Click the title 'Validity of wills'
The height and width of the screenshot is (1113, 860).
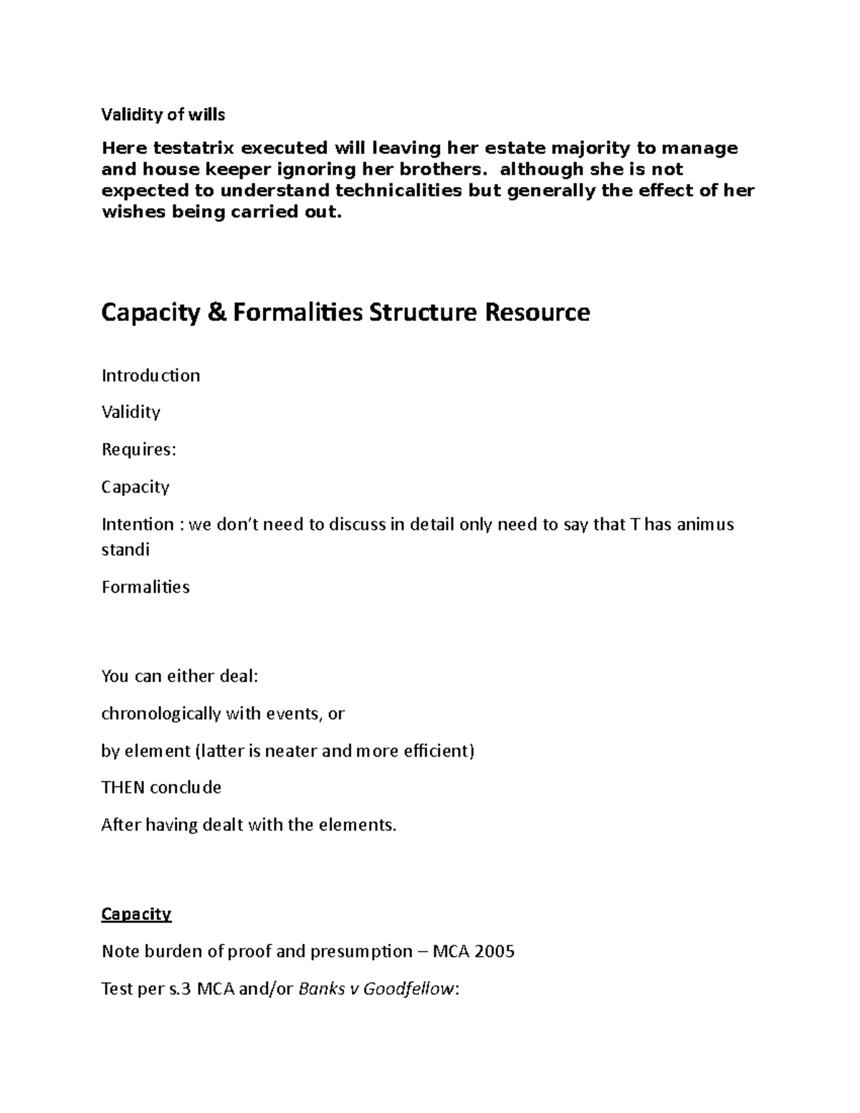[163, 115]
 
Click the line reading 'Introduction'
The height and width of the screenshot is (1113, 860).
[150, 376]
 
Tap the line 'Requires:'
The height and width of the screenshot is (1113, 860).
[138, 449]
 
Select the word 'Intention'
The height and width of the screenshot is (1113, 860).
[138, 524]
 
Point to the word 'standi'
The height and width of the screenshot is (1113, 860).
[125, 550]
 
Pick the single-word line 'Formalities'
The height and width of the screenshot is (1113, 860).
[145, 587]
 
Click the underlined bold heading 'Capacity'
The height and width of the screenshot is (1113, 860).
[136, 914]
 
